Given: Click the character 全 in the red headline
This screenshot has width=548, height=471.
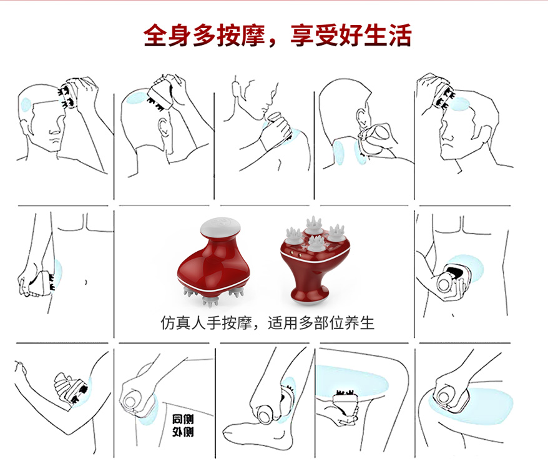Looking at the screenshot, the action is coord(155,36).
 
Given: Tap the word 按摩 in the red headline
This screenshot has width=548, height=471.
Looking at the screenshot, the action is coord(240,36).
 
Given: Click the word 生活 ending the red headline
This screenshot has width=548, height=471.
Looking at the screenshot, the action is coord(387,36).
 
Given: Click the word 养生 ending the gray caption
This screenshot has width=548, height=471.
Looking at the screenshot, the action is coord(360,323).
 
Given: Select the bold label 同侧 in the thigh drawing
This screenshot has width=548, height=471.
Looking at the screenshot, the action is coord(183,419).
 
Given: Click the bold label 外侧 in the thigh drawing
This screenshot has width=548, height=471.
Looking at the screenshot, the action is coord(183,432).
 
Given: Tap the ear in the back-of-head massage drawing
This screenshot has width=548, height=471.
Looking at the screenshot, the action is coord(164,127).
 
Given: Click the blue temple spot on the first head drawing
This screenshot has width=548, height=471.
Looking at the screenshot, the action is coord(26,104).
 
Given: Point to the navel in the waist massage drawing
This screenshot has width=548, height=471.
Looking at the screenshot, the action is coord(86,282).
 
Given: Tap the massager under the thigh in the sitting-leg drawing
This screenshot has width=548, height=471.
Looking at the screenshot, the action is coord(346,402).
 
